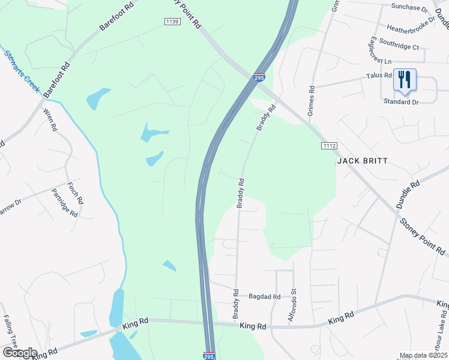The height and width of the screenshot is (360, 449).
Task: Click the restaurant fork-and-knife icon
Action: point(405,80)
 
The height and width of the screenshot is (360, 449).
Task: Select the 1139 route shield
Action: point(172,22)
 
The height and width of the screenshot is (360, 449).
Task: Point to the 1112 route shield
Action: point(329,146)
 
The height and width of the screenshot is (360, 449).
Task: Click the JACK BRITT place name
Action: point(362,161)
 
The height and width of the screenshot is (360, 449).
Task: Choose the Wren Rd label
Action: point(50,119)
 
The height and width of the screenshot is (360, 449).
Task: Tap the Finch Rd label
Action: point(75,193)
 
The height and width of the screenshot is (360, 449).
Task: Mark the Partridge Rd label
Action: point(65,203)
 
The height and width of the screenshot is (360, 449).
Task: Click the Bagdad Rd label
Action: point(265,296)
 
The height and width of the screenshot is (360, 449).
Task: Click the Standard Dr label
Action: point(401,102)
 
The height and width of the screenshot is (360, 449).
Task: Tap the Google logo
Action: point(19,353)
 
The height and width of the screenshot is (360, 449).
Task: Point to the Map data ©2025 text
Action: point(423,355)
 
